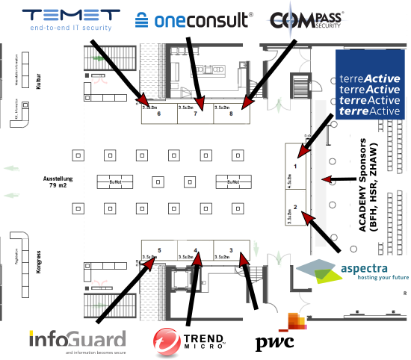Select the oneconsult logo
193,19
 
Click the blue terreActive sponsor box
369,84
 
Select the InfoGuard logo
76,341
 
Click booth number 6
159,114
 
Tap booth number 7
195,114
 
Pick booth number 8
231,114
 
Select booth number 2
296,206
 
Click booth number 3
231,249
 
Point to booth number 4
196,249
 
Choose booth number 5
159,249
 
